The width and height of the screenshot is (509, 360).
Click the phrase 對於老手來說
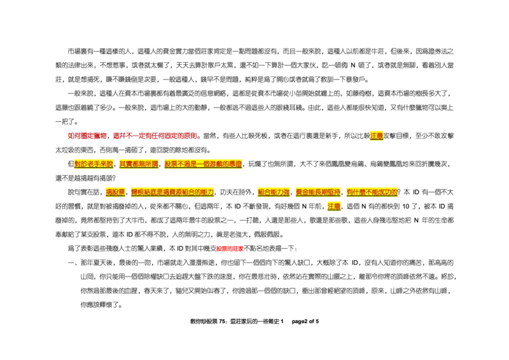[x=94, y=164]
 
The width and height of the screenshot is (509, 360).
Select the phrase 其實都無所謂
[x=139, y=164]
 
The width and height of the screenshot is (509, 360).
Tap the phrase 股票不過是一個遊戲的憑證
[x=203, y=164]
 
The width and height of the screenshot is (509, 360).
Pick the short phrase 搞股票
[x=115, y=192]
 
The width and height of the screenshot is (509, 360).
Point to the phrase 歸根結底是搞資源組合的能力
[x=173, y=192]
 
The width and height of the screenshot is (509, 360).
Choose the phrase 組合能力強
[x=274, y=192]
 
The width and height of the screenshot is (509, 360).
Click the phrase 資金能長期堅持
[x=318, y=192]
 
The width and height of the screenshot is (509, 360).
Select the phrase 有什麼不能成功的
[x=373, y=192]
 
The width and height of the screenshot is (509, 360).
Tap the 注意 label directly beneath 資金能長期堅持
[x=333, y=207]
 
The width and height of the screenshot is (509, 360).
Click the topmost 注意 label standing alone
[x=377, y=135]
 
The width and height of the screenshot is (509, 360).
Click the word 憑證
[x=236, y=164]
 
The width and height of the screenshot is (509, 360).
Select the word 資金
[x=302, y=192]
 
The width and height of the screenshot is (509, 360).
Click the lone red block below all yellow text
[x=230, y=249]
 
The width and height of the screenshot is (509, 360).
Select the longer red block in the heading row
[x=155, y=136]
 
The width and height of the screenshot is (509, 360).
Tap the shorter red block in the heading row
[x=87, y=136]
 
